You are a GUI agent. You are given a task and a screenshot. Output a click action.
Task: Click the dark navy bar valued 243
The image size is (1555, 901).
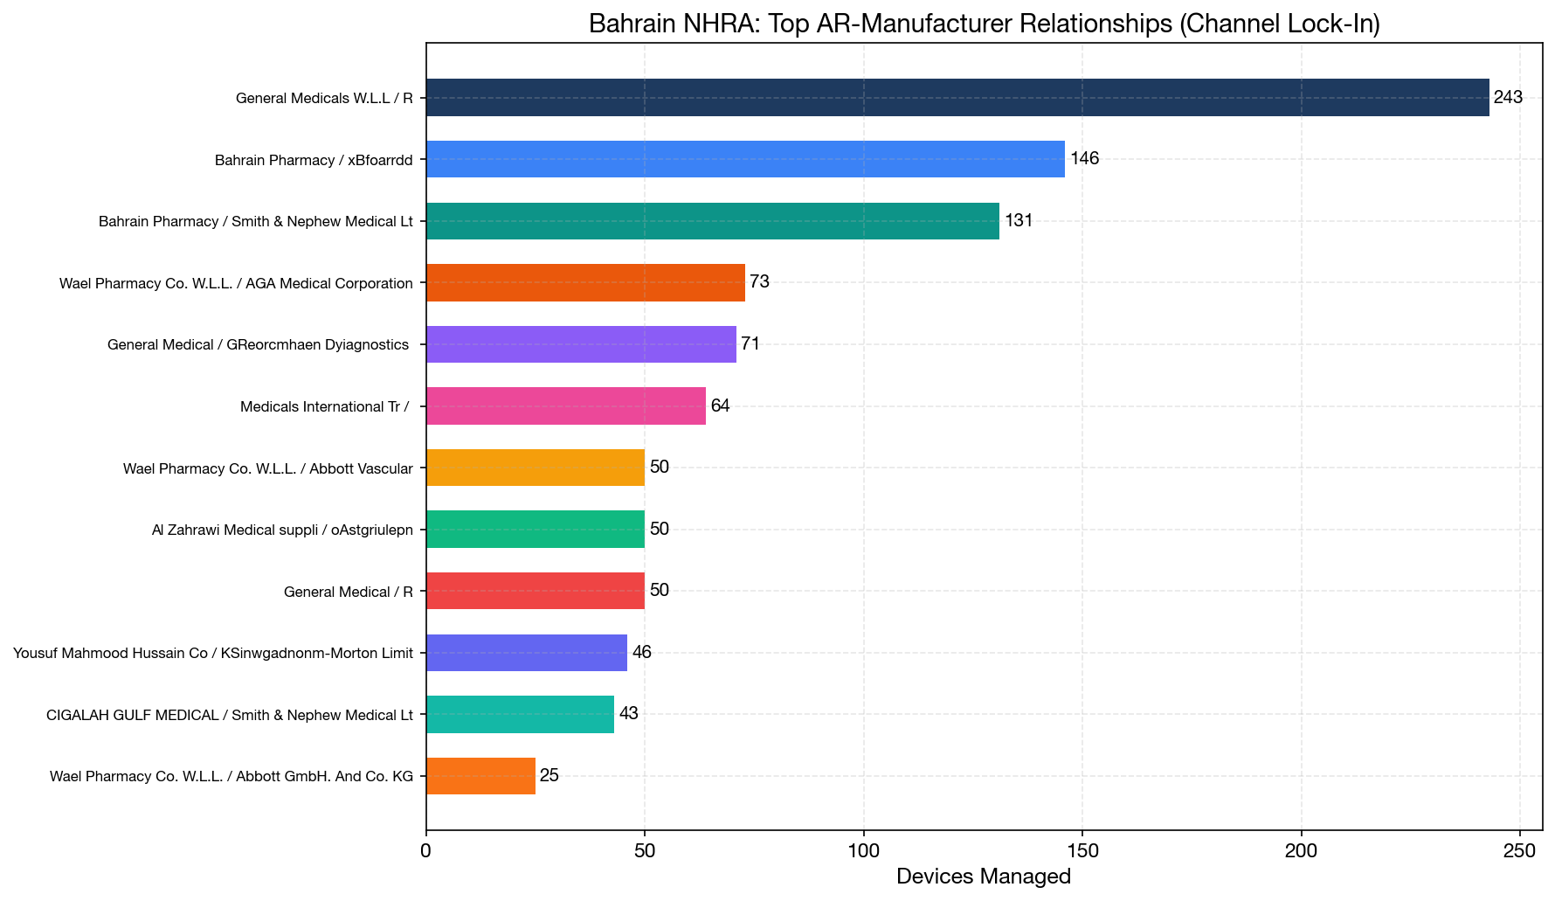[x=957, y=97]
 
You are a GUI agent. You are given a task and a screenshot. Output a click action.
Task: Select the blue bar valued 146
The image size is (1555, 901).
[x=745, y=159]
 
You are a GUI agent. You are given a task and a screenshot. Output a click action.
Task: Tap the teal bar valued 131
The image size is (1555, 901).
[x=713, y=221]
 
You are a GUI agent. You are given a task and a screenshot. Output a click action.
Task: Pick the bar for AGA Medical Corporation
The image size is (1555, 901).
[x=585, y=282]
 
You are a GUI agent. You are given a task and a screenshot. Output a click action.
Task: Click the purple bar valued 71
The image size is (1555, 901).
[x=581, y=344]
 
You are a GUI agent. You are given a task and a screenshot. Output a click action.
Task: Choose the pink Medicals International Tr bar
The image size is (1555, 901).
[x=566, y=405]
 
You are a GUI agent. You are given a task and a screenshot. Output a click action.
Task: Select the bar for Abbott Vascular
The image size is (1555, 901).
[x=536, y=468]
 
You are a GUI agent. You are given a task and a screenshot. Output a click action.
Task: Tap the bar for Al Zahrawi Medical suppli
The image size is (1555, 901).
[x=536, y=530]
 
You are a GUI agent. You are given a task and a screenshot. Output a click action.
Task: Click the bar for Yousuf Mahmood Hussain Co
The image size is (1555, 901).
[x=527, y=653]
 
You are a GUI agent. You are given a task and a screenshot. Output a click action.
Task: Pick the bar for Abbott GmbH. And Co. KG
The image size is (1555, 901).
[x=480, y=776]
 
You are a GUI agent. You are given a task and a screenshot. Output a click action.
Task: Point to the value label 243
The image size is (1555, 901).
[x=1508, y=97]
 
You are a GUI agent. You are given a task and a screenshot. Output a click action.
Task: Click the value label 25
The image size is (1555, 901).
[x=549, y=775]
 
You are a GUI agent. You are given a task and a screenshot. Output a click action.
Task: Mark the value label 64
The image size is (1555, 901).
[x=720, y=405]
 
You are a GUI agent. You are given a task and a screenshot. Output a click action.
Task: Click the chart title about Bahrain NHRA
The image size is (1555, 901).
[x=985, y=24]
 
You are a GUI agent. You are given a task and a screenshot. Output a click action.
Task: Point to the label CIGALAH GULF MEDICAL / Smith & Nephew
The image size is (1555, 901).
[x=230, y=715]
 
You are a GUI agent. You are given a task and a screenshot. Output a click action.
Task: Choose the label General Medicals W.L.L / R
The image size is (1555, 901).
[x=324, y=98]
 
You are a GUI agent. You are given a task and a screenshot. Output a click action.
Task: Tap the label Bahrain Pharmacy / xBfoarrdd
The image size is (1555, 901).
[x=314, y=160]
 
